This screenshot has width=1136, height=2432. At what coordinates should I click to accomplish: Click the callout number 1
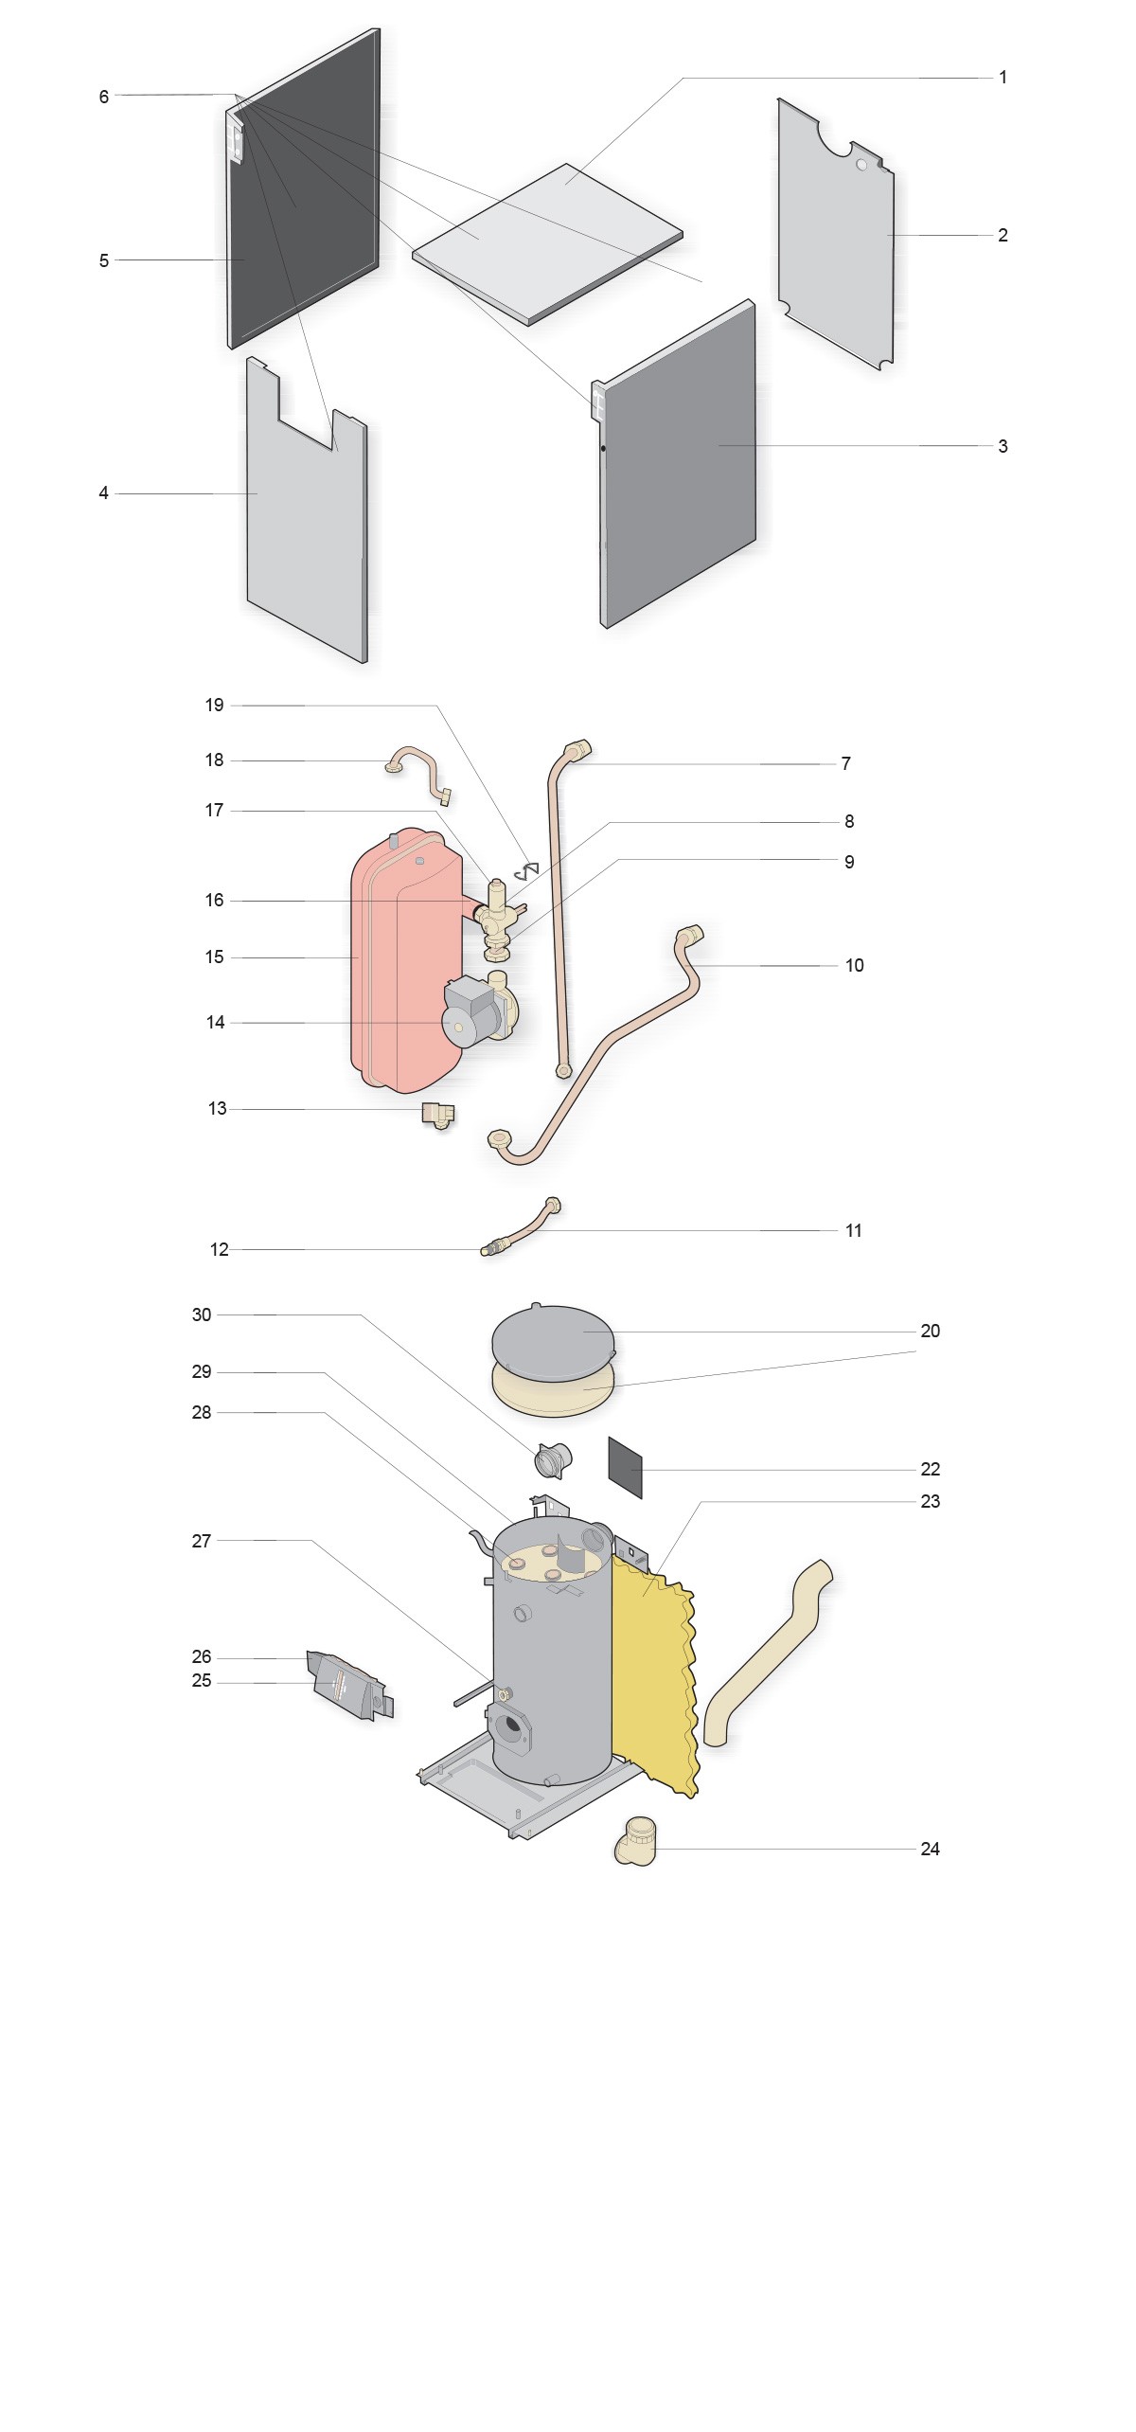[x=1003, y=78]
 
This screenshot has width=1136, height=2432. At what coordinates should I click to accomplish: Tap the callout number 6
[x=104, y=97]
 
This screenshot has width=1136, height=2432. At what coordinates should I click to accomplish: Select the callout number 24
[x=930, y=1849]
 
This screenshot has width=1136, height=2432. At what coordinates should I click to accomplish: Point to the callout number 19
[x=215, y=705]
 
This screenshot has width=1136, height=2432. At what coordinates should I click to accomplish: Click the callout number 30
[x=202, y=1314]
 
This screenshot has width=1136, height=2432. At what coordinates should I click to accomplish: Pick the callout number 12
[x=219, y=1250]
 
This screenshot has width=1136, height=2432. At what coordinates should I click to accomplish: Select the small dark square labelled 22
[x=625, y=1467]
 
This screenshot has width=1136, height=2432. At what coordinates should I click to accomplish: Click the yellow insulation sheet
[x=653, y=1674]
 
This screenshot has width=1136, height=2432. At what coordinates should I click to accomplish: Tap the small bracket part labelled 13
[x=438, y=1115]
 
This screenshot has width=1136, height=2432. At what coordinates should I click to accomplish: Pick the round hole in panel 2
[x=861, y=165]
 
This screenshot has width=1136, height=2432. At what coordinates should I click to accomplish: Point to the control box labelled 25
[x=348, y=1687]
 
